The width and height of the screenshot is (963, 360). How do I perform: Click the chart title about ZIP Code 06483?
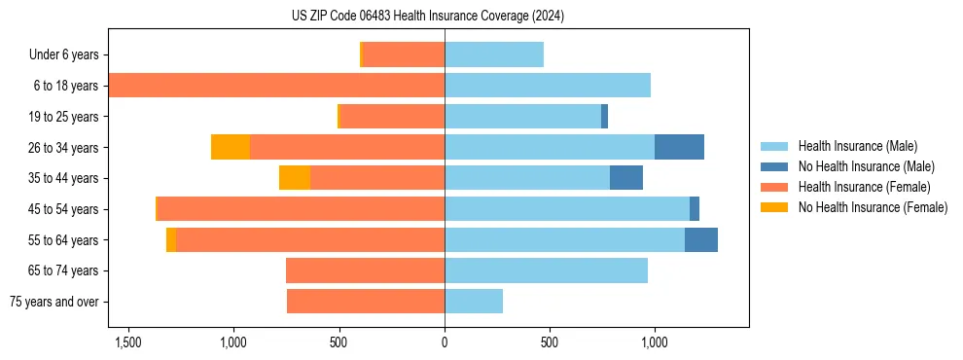428,17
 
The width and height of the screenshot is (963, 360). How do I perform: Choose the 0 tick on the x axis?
445,342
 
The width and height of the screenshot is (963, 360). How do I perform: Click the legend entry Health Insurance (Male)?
857,146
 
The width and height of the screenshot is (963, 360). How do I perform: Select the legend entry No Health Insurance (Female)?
873,207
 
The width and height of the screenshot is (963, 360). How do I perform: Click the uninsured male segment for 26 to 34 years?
679,147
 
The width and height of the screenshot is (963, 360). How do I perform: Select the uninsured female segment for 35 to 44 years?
295,178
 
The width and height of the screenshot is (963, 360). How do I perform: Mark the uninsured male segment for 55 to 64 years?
701,239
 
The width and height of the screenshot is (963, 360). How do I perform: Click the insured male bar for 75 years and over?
474,302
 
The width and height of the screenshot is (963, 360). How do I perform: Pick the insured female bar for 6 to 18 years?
277,86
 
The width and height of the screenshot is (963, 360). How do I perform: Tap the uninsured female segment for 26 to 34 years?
231,147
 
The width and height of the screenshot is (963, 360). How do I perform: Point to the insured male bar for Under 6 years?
494,54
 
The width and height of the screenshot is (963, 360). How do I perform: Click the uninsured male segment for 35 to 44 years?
626,178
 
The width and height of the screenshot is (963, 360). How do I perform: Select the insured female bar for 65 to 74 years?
365,270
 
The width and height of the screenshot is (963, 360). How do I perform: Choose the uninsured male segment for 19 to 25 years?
604,117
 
